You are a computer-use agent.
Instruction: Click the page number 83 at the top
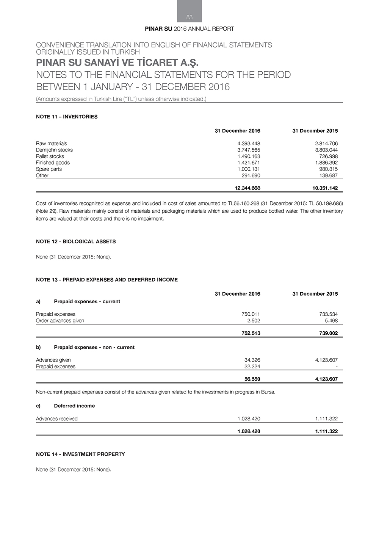[189, 17]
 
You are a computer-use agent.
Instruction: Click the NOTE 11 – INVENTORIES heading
[67, 117]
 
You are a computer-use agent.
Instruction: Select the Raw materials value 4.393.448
[249, 144]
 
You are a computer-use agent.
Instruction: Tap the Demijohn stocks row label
[54, 150]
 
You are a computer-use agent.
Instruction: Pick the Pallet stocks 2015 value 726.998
[328, 157]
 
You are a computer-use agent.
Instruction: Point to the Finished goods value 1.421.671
[249, 163]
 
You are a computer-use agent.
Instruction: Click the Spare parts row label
[49, 169]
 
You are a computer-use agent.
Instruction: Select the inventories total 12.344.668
[247, 188]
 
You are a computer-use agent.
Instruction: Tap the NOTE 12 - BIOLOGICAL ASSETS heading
[76, 241]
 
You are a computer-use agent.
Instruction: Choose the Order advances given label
[60, 321]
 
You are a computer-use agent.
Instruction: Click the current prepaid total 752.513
[251, 334]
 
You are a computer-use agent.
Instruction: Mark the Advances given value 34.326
[252, 360]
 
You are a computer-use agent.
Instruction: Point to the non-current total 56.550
[252, 379]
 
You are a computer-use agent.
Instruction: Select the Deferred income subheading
[74, 406]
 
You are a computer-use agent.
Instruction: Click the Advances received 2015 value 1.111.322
[326, 419]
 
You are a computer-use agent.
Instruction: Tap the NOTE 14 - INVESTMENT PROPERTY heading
[80, 454]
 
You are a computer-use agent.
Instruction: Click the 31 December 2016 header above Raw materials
[237, 131]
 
